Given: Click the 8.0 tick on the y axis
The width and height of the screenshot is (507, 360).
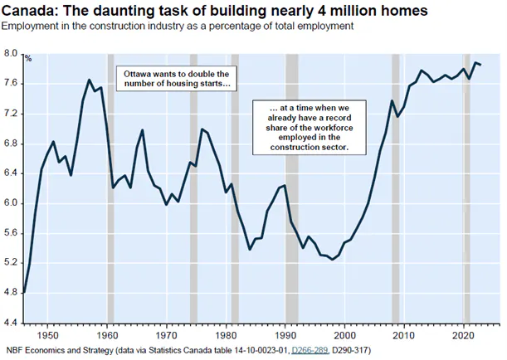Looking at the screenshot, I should [11, 54].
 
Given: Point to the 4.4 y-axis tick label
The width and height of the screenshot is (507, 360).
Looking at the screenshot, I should [11, 322].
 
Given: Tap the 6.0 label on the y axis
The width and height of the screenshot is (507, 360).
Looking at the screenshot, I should [11, 203].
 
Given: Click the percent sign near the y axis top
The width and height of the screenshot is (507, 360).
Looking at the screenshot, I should [27, 58].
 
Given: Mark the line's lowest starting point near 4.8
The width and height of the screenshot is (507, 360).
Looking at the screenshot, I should [24, 292].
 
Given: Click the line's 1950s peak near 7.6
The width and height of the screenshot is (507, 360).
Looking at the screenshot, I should [89, 80].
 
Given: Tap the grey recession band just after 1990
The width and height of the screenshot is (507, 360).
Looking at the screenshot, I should [291, 187].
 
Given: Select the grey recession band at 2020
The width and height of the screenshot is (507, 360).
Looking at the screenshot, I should [466, 187].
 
